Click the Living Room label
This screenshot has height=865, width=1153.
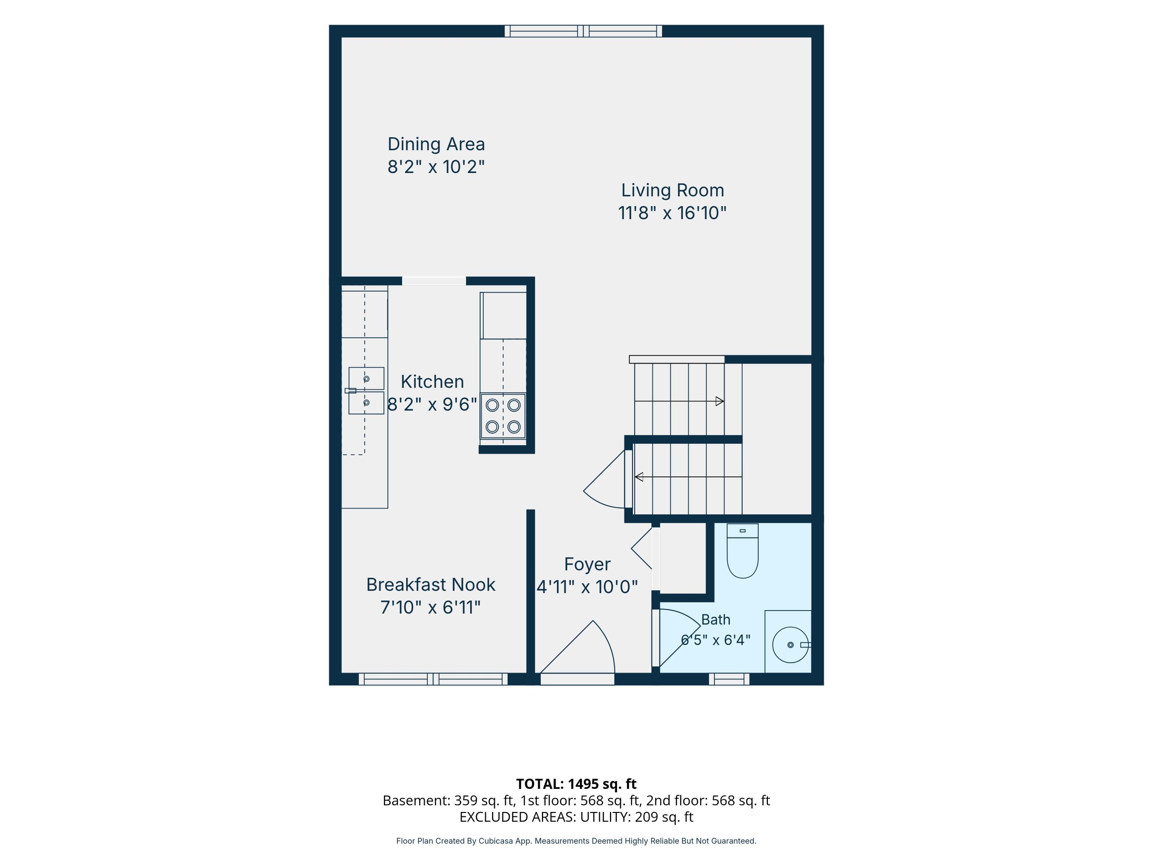point(673,190)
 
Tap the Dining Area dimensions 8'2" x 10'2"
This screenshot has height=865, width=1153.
point(436,167)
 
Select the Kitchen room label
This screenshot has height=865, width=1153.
point(432,382)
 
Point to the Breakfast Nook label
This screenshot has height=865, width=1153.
point(430,584)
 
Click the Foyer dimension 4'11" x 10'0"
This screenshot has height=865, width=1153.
point(587,587)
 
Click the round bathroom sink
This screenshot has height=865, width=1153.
point(791,645)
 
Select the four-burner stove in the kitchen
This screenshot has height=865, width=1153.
point(503,416)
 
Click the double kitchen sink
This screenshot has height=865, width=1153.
point(366,391)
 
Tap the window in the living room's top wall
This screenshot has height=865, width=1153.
point(583,31)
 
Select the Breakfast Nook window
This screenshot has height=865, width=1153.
point(433,679)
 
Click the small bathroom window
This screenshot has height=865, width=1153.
point(729,679)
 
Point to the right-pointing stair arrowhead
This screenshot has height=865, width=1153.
point(720,401)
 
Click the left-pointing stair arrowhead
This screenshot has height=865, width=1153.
point(638,477)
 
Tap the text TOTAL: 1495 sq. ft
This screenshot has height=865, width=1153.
point(576,783)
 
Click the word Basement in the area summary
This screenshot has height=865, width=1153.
point(415,800)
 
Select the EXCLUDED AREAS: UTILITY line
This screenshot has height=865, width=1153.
point(576,817)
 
